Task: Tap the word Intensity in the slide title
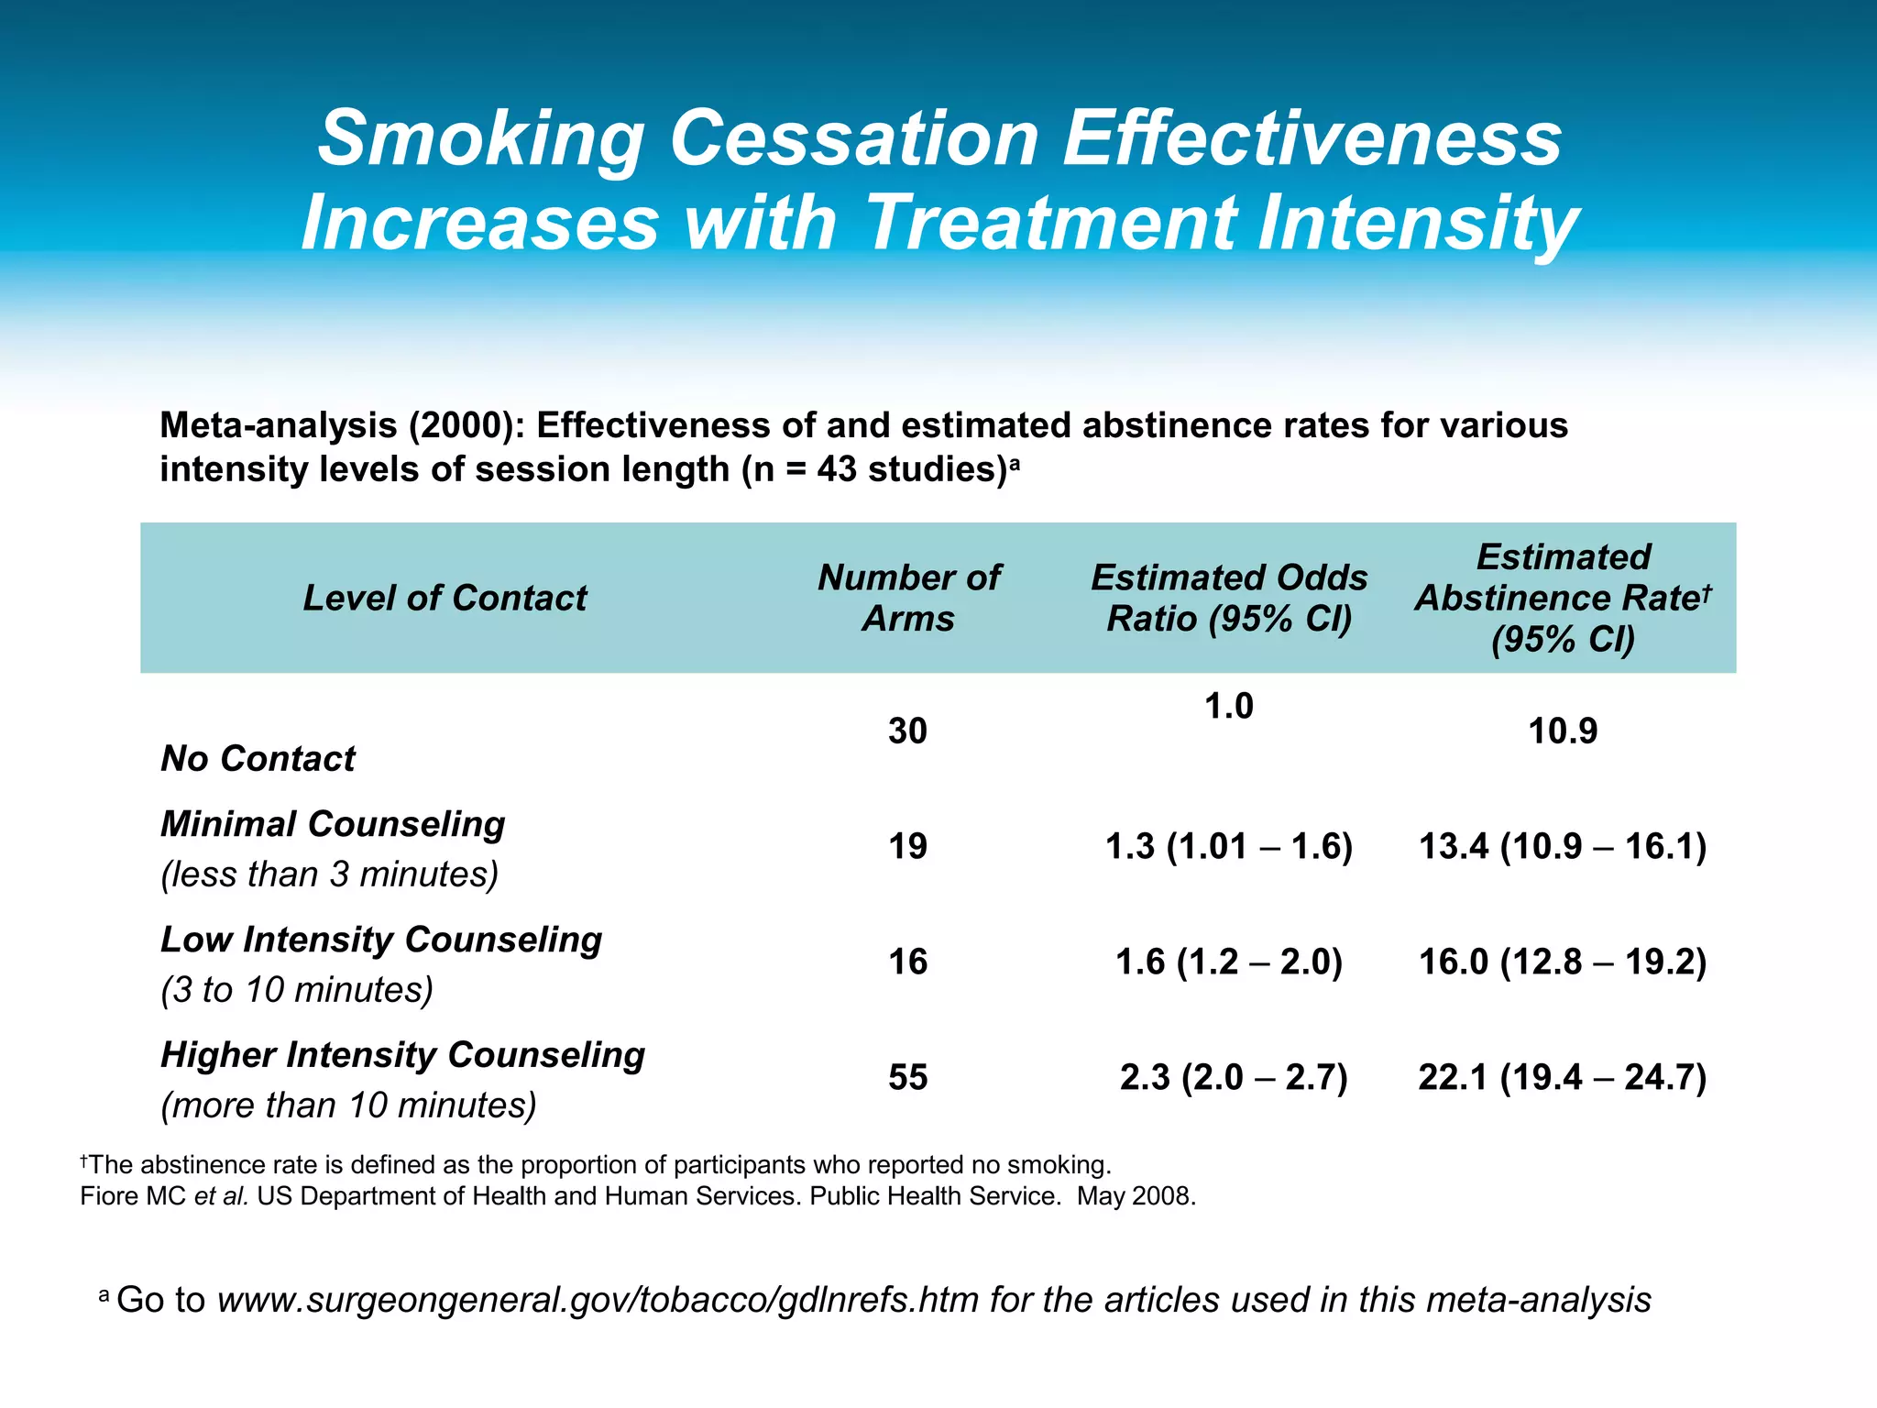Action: coord(1418,224)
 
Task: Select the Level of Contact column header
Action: coord(445,599)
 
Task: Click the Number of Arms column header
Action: coord(908,598)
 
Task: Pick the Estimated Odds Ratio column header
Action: coord(1229,598)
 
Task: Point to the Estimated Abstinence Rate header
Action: coord(1563,598)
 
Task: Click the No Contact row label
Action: coord(258,759)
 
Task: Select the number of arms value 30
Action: coord(907,731)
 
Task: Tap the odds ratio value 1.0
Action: coord(1228,707)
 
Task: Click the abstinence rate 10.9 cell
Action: coord(1563,731)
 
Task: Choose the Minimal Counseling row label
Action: coord(333,824)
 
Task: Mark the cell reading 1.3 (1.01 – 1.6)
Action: coord(1229,846)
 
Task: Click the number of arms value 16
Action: coord(907,962)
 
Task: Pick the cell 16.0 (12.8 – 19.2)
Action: coord(1563,962)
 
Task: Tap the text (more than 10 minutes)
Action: coord(348,1105)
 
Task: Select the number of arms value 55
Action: coord(907,1077)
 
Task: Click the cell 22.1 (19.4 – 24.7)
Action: coord(1563,1077)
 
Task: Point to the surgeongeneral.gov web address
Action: coord(598,1300)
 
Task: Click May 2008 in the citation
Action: coord(1136,1196)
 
